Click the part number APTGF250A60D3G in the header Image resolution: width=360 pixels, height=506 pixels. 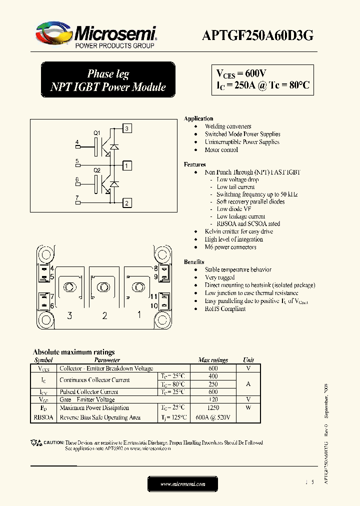257,35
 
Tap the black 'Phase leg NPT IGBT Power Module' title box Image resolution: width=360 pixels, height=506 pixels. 107,80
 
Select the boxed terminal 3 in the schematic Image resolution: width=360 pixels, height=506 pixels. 127,129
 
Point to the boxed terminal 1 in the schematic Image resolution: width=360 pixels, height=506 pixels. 127,165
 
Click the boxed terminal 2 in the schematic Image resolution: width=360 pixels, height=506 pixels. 127,202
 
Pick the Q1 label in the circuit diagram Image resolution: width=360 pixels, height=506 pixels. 97,132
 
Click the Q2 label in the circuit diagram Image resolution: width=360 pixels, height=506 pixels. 97,170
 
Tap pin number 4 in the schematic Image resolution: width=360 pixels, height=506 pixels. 77,142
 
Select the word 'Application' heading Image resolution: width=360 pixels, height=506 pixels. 198,118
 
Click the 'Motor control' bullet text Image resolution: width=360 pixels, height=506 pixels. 221,150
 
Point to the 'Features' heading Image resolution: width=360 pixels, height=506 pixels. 194,164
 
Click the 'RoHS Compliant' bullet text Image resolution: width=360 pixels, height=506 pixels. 225,309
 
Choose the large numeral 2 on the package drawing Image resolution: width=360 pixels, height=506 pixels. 104,315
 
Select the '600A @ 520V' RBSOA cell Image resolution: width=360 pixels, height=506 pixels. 213,417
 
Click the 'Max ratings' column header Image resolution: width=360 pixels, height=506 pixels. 213,360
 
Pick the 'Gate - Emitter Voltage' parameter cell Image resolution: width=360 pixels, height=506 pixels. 87,400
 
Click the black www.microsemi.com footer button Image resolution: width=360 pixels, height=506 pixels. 182,484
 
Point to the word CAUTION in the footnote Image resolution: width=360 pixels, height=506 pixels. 53,443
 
